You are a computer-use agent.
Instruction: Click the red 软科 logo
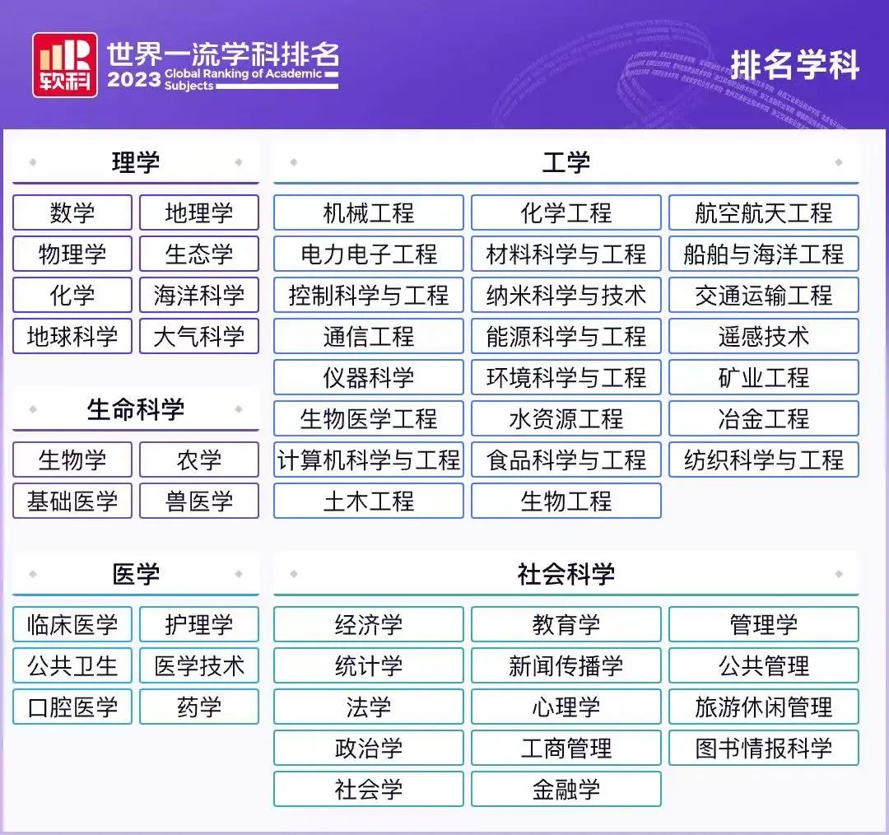65,65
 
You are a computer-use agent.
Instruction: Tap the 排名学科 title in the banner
795,65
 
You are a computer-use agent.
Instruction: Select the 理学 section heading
136,163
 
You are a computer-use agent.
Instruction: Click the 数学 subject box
72,212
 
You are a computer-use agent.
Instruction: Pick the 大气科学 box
199,336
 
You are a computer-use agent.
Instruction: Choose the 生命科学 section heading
136,409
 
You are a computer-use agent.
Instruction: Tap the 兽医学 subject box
199,501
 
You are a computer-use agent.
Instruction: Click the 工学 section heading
566,163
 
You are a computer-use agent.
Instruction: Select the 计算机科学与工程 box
369,459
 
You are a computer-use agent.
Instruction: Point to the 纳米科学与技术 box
566,295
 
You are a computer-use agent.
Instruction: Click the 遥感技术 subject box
764,336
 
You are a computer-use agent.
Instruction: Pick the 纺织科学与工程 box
764,459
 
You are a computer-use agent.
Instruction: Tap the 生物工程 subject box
566,501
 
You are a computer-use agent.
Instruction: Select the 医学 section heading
136,574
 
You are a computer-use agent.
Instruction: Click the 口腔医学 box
72,707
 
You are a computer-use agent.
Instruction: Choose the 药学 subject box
199,707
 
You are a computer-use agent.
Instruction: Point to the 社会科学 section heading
566,574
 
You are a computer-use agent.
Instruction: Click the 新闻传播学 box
566,665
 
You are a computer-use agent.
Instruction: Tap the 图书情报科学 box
764,749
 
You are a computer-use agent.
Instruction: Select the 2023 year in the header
134,79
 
